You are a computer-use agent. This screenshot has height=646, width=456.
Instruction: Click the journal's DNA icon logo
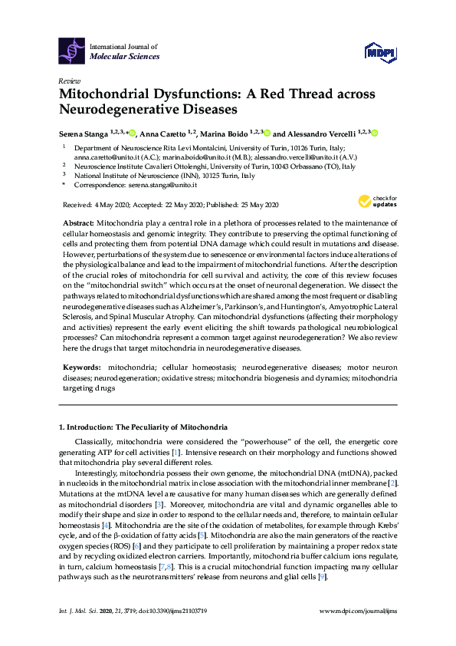[x=72, y=51]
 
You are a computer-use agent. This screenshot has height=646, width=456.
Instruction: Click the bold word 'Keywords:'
[x=81, y=368]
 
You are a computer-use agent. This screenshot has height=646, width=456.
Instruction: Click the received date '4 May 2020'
[x=108, y=205]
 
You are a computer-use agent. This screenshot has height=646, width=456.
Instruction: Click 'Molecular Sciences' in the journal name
[x=125, y=57]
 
